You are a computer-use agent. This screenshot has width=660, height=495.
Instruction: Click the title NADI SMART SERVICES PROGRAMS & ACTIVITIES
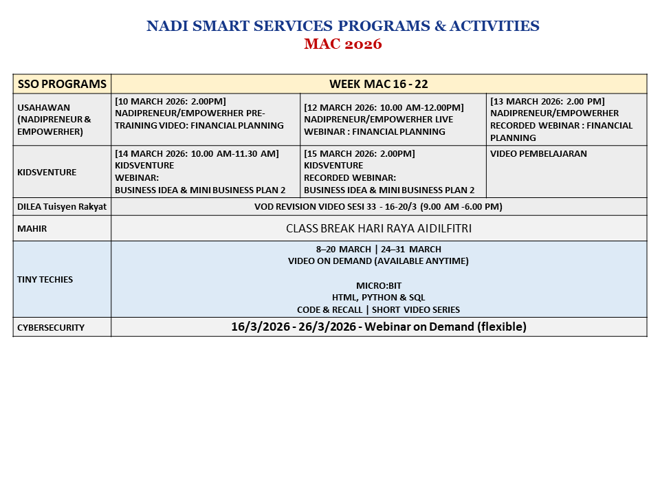[342, 26]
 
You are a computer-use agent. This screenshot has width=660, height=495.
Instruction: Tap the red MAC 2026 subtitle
[342, 44]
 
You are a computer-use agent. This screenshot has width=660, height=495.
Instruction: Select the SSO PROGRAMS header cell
[62, 84]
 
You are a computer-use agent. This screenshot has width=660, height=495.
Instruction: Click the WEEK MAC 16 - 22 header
[378, 84]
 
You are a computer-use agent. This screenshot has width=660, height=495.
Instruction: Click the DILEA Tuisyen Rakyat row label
[62, 206]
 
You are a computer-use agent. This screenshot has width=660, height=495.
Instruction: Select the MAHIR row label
[32, 228]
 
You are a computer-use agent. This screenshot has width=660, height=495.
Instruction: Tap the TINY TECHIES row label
[45, 279]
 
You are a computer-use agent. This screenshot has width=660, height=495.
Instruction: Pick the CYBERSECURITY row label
[51, 327]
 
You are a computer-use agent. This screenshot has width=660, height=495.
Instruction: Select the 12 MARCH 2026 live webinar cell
[384, 120]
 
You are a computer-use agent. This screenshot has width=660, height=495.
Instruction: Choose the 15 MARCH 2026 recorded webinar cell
[389, 172]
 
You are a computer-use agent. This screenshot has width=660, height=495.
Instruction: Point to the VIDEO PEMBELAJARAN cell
[538, 154]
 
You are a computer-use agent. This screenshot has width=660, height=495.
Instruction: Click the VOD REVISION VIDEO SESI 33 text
[378, 206]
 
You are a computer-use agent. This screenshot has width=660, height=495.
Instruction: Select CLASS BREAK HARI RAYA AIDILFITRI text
[378, 228]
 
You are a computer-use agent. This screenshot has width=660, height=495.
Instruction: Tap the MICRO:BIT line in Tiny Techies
[378, 285]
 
